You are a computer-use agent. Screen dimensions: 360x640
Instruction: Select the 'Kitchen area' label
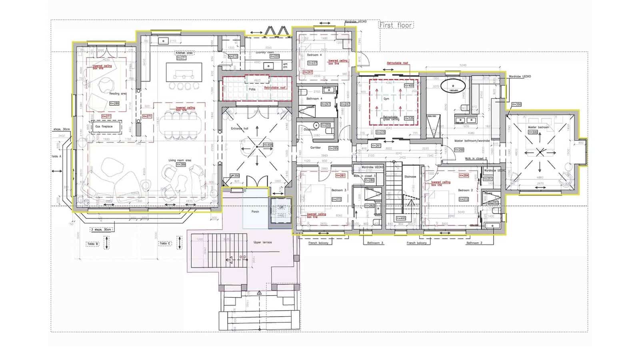[184, 53]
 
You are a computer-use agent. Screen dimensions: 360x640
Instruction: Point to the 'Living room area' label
[180, 160]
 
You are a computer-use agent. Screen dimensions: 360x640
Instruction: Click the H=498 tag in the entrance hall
[268, 145]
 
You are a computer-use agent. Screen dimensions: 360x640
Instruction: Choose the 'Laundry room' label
[265, 52]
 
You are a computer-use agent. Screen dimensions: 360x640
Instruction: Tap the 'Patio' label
[252, 89]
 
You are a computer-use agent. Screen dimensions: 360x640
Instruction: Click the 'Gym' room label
[386, 98]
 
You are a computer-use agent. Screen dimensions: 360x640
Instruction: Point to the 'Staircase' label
[410, 176]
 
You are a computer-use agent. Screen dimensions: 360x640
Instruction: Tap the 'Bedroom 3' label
[339, 190]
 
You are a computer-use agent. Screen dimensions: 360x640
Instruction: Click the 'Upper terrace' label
[262, 242]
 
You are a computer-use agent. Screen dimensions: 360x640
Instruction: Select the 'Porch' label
[255, 212]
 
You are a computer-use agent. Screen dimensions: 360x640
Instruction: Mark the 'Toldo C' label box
[165, 243]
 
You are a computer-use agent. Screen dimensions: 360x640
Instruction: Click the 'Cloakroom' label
[310, 130]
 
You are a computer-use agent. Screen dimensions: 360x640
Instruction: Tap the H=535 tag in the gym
[410, 118]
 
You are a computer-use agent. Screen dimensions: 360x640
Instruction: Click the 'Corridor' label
[316, 148]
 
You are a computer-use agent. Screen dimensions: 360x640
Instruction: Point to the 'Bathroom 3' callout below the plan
[375, 243]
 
